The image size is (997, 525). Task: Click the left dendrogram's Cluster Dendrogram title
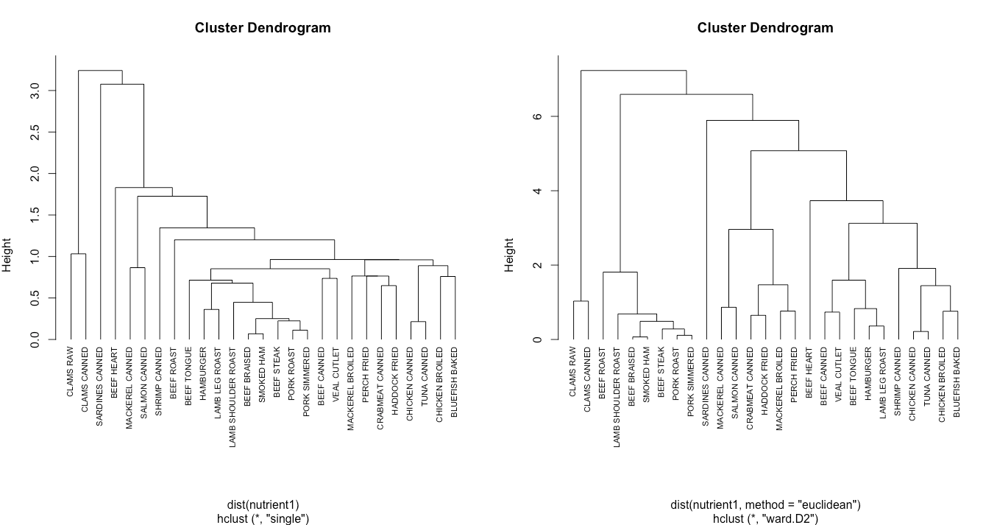263,28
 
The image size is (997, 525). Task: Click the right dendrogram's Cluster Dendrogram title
765,28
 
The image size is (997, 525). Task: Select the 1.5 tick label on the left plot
35,215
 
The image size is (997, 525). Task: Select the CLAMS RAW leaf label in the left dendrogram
71,372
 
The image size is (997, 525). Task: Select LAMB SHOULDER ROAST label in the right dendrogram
618,390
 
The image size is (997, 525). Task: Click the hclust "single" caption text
263,518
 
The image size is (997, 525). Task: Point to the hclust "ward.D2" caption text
765,518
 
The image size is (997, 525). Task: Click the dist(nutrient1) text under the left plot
263,505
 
